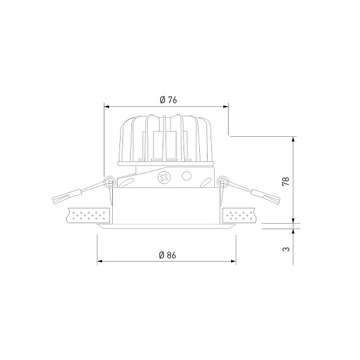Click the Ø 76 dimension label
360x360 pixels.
(x=168, y=100)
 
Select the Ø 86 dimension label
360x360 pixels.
(x=167, y=255)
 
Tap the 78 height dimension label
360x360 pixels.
(x=286, y=181)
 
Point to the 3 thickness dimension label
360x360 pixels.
(x=286, y=249)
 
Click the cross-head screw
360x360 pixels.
(x=164, y=177)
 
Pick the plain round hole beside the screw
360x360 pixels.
(x=187, y=176)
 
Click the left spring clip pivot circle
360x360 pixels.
(x=109, y=181)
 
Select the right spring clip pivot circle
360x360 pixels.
(x=223, y=181)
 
